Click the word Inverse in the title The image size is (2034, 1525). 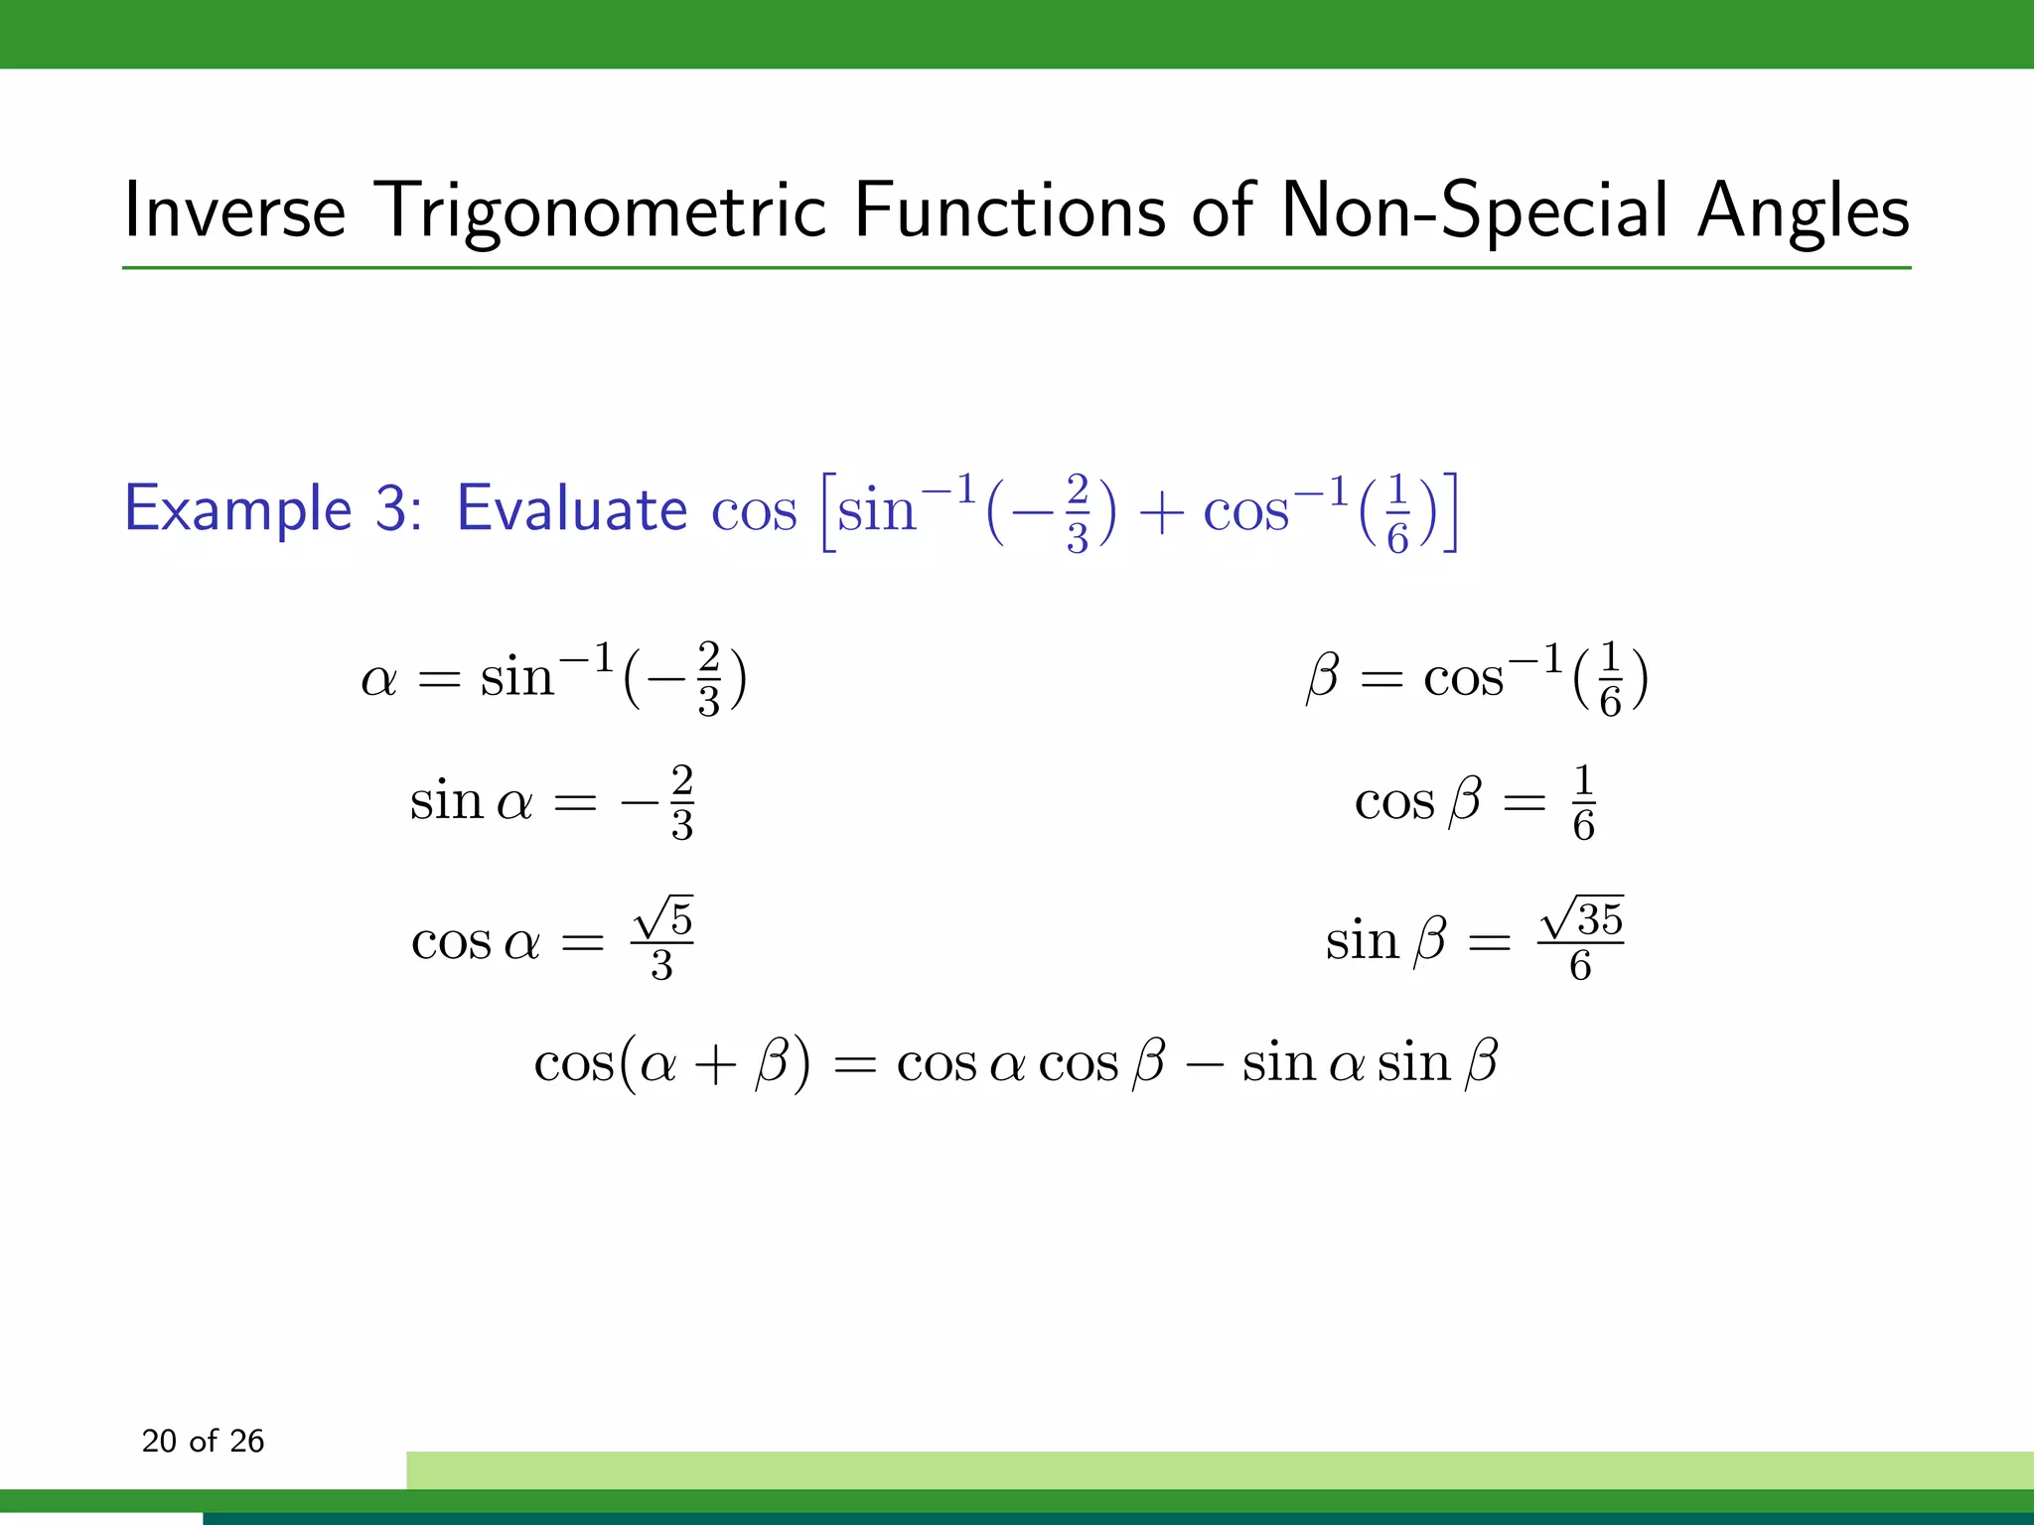tap(234, 210)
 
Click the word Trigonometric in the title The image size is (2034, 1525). tap(603, 212)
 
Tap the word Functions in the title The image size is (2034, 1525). tap(1009, 210)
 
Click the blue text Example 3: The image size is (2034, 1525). tap(274, 509)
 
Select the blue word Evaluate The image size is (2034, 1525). tap(571, 509)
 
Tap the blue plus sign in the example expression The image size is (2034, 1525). tap(1159, 514)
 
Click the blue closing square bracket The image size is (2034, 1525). tap(1450, 512)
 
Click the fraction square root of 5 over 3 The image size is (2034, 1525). tap(662, 939)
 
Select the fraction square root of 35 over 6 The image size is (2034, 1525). tap(1580, 939)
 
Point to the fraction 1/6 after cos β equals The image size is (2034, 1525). tap(1583, 802)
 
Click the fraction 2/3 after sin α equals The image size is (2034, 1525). tap(681, 802)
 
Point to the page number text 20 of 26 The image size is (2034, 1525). tap(203, 1441)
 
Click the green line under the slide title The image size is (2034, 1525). tap(1016, 268)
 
